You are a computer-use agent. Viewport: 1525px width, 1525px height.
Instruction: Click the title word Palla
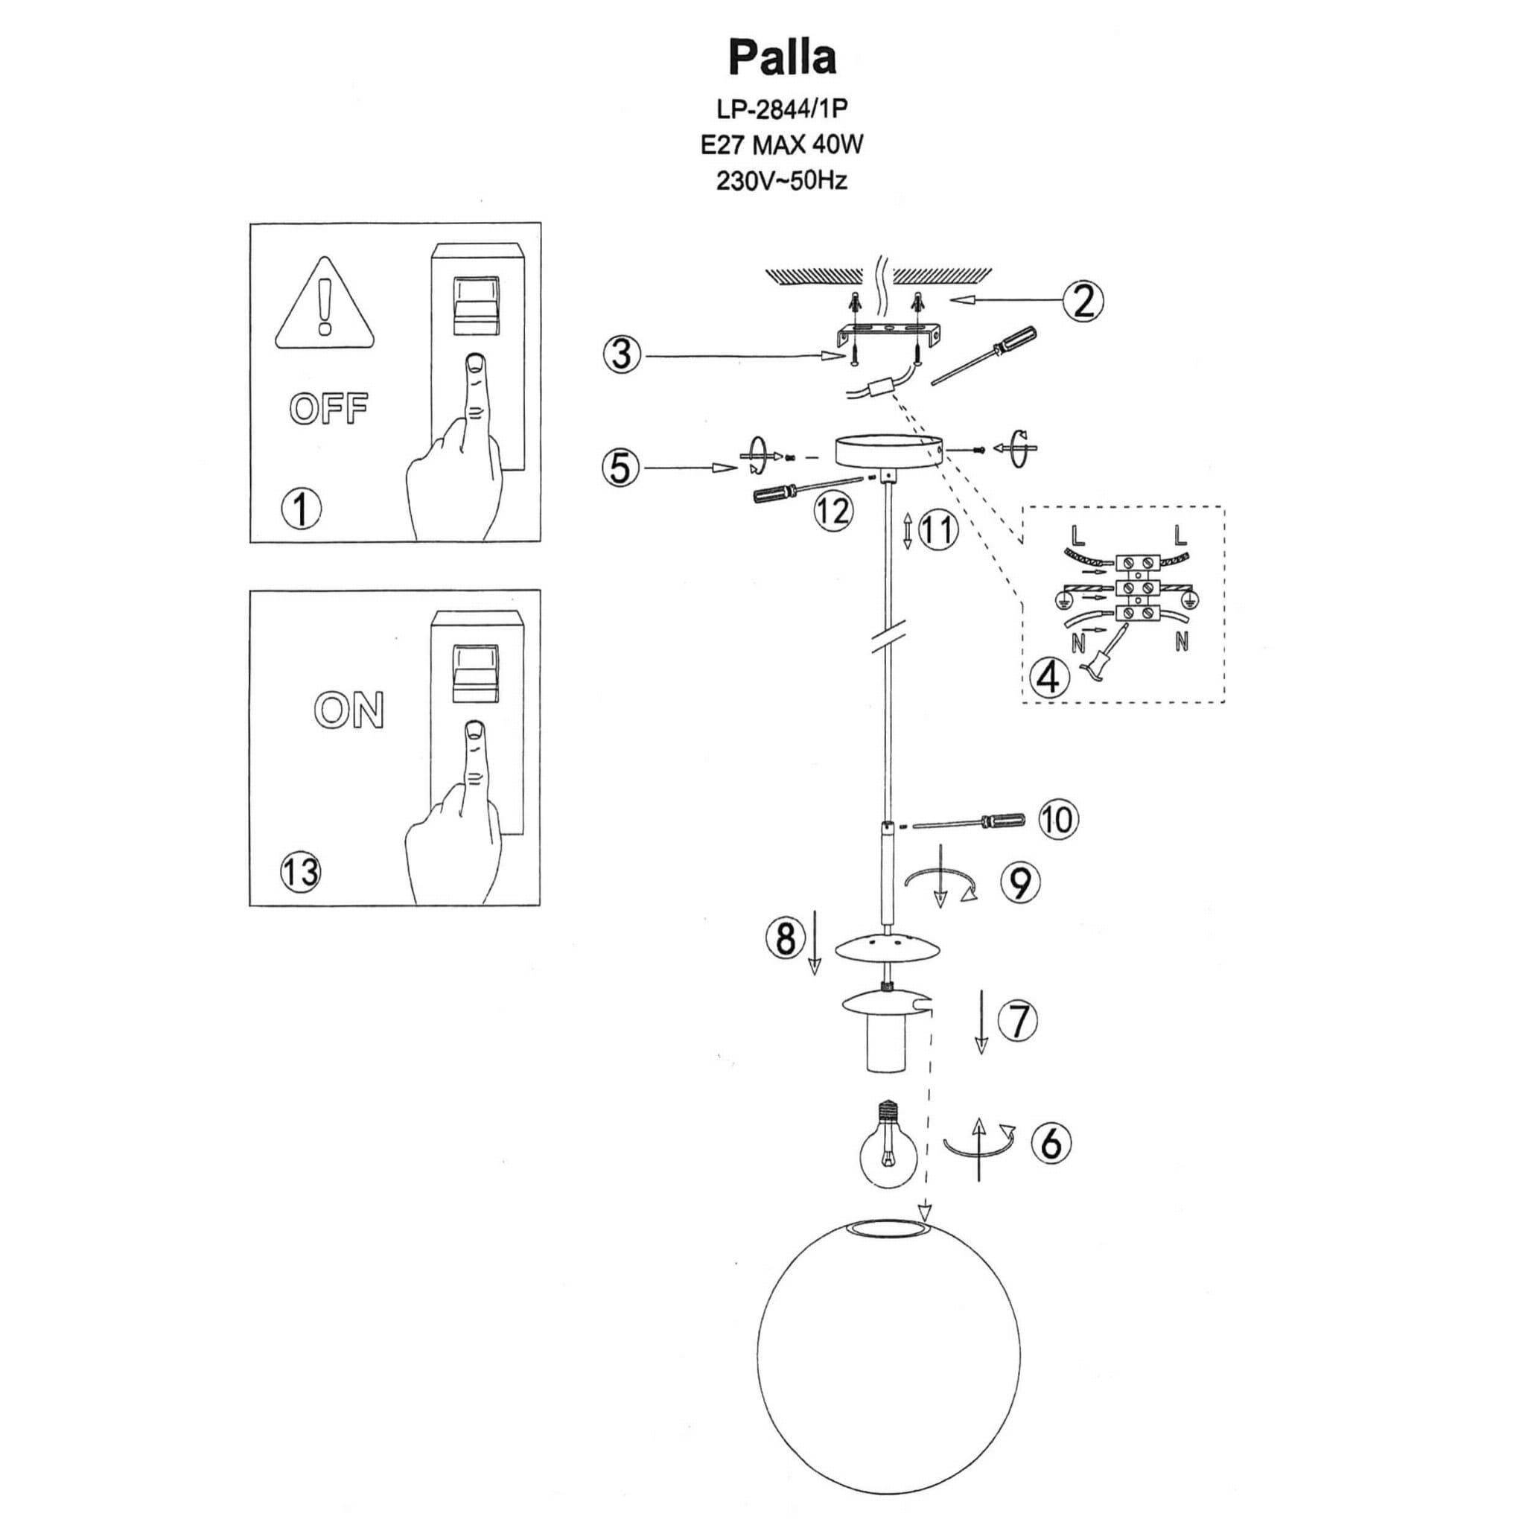tap(781, 57)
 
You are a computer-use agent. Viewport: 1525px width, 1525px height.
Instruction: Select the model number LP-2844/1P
tap(781, 108)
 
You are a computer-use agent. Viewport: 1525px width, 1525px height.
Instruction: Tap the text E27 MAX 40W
tap(781, 144)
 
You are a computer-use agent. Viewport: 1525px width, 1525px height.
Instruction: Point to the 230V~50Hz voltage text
tap(781, 181)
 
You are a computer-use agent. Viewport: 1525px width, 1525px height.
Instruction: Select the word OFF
tap(328, 409)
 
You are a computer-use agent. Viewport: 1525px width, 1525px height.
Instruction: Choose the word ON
tap(349, 710)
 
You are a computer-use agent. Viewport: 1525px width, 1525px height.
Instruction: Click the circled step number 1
tap(302, 509)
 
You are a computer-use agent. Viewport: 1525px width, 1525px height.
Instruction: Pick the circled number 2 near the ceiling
tap(1083, 301)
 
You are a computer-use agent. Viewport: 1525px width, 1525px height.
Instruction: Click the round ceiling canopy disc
tap(889, 452)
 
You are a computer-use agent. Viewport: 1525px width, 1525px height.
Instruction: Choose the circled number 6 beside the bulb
tap(1051, 1142)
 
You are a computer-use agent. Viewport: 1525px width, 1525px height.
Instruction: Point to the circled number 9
tap(1020, 882)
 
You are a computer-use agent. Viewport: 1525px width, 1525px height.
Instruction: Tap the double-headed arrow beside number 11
tap(908, 530)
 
